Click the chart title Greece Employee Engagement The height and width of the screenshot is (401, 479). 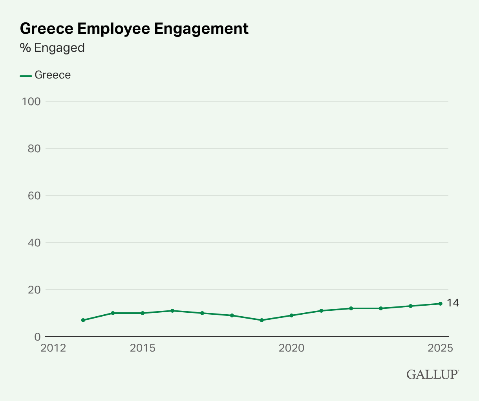click(x=134, y=29)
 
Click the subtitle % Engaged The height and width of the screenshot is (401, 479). click(x=52, y=48)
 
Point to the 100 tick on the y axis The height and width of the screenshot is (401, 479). click(x=31, y=101)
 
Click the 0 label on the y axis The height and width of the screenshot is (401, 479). click(x=37, y=337)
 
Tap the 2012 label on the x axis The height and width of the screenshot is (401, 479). click(x=53, y=348)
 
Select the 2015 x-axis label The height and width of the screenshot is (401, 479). click(x=143, y=348)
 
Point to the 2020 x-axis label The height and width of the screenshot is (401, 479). click(x=291, y=348)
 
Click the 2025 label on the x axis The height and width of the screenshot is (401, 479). click(x=440, y=348)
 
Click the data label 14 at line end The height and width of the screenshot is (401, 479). click(x=453, y=303)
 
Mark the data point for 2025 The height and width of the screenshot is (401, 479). click(x=440, y=304)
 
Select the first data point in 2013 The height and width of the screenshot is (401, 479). click(x=83, y=320)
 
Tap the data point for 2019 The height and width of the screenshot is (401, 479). click(x=261, y=320)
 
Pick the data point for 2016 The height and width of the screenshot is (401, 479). click(x=172, y=311)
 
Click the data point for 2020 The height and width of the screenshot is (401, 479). click(x=291, y=315)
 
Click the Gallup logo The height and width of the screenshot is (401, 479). click(x=432, y=374)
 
